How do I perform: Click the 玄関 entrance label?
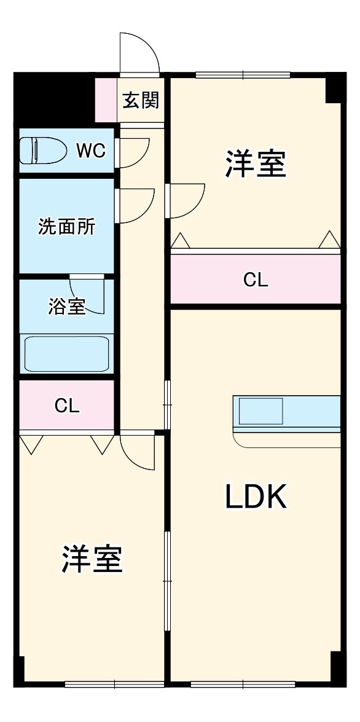141,100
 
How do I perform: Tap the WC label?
90,150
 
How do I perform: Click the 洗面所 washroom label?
66,227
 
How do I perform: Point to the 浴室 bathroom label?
67,307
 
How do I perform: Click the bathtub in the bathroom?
67,354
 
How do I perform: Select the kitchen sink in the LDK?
260,411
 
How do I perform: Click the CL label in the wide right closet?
256,280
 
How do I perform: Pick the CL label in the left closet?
67,406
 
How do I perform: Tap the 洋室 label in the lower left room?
92,559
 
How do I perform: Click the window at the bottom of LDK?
243,685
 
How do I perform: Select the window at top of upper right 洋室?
243,75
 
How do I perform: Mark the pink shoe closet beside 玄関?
106,100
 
